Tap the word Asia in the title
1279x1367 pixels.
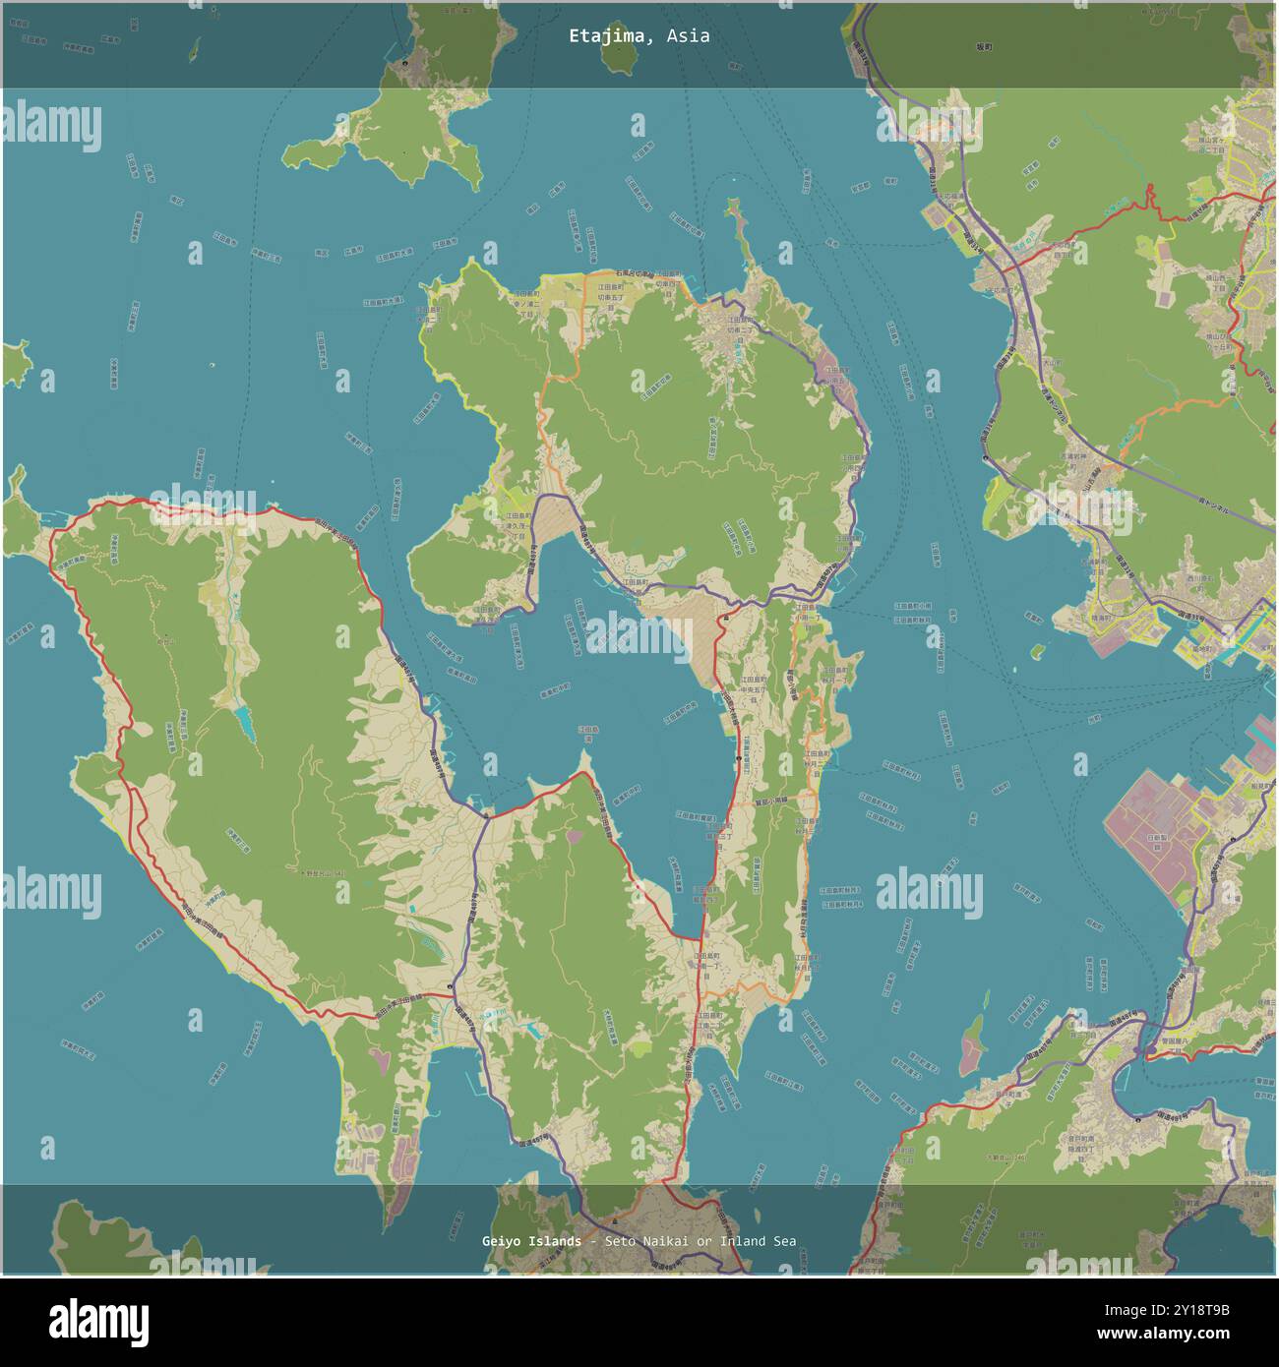coord(688,36)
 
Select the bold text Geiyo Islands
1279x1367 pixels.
coord(531,1241)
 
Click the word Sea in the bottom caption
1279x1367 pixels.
coord(784,1241)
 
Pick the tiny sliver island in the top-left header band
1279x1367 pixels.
coord(195,49)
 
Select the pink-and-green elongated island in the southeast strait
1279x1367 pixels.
coord(971,1045)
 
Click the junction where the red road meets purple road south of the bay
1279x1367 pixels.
coord(483,815)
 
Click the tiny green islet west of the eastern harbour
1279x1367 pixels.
coord(1036,650)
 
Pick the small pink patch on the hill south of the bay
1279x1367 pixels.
coord(574,836)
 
